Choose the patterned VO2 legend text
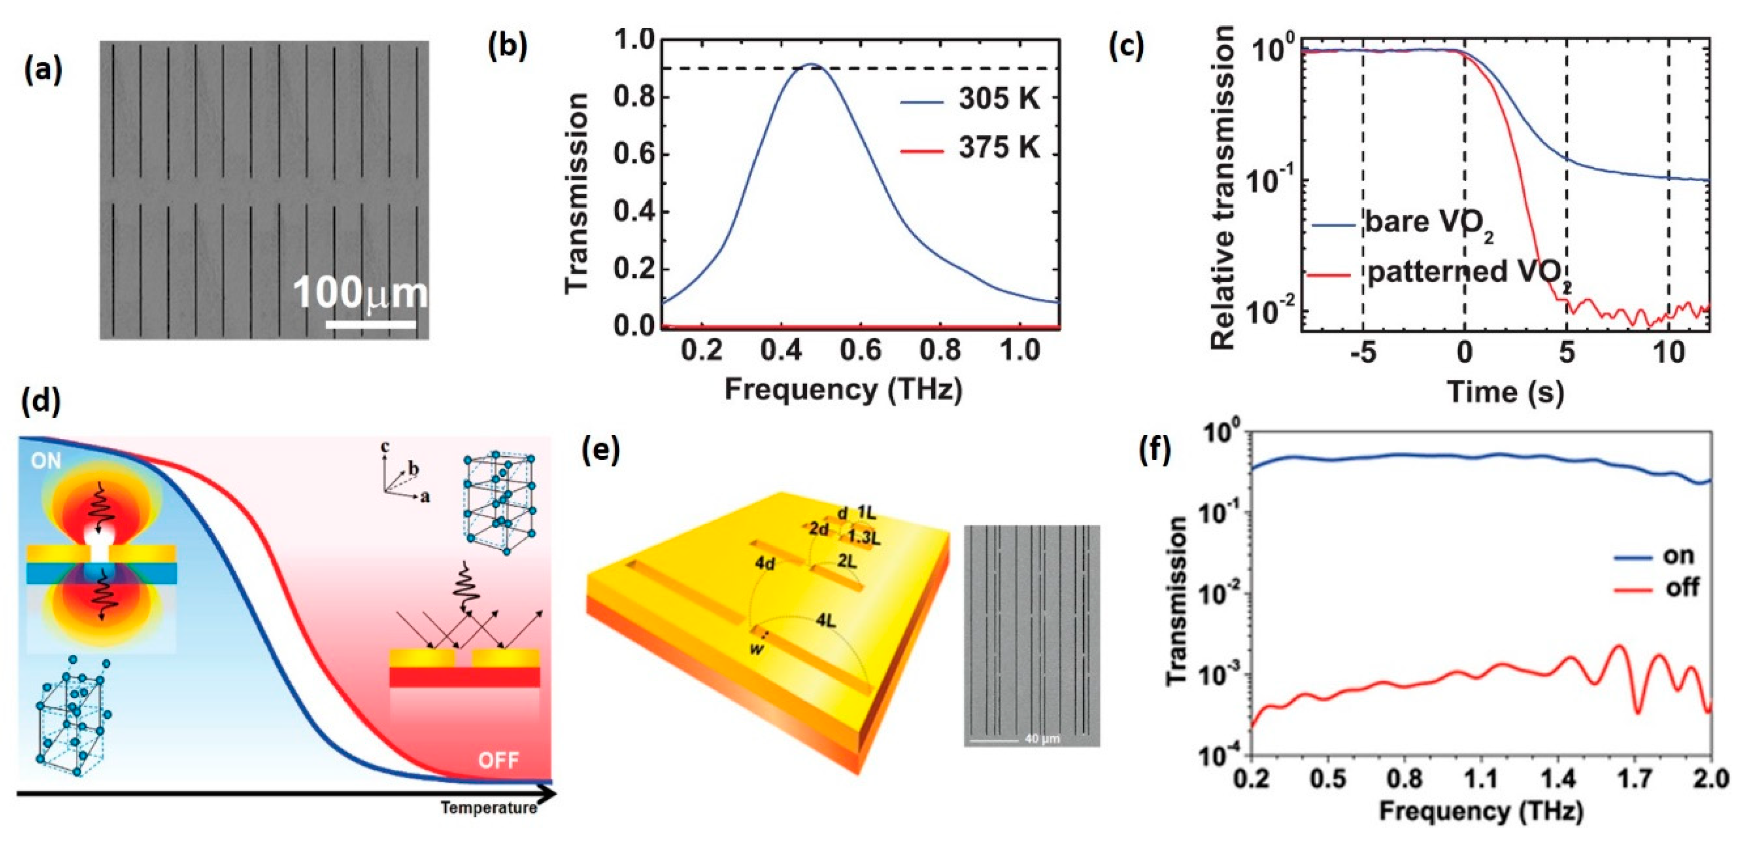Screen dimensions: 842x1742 click(1467, 273)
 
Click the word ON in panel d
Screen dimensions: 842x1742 click(46, 461)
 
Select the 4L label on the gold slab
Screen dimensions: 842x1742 click(826, 620)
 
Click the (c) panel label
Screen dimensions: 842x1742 click(1126, 46)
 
